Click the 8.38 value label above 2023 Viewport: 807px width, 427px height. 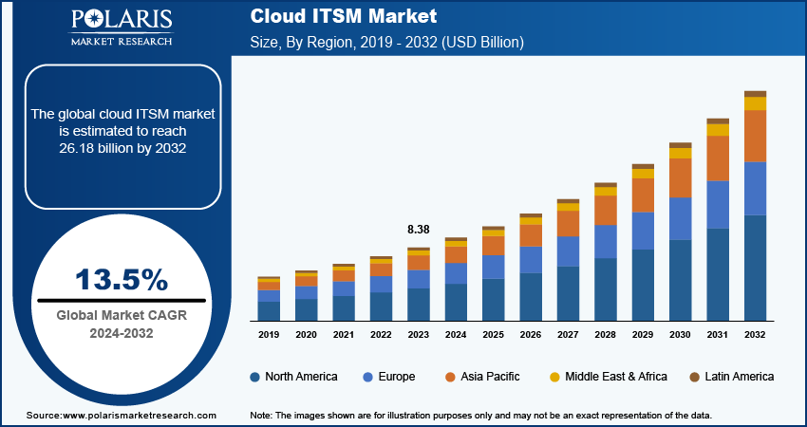pyautogui.click(x=419, y=230)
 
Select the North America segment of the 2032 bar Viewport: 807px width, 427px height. pyautogui.click(x=755, y=268)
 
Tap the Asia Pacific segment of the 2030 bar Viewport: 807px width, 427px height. pyautogui.click(x=681, y=177)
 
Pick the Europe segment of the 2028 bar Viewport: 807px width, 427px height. pyautogui.click(x=606, y=241)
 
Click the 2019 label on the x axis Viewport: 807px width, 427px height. pyautogui.click(x=269, y=335)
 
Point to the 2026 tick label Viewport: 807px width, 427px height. pyautogui.click(x=531, y=335)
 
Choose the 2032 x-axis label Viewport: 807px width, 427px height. pyautogui.click(x=755, y=335)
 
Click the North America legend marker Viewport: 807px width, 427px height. pyautogui.click(x=255, y=377)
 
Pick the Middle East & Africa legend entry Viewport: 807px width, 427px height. pyautogui.click(x=608, y=377)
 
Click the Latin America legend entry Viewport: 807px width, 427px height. pyautogui.click(x=731, y=377)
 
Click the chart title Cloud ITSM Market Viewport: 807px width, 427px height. pyautogui.click(x=330, y=16)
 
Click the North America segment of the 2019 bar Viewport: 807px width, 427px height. pyautogui.click(x=269, y=310)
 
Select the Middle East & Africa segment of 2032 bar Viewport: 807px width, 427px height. pyautogui.click(x=755, y=103)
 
